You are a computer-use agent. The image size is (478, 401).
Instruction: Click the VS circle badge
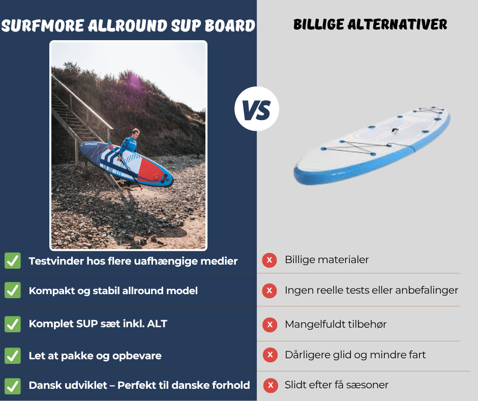point(257,109)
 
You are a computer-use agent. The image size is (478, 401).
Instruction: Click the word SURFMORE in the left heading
point(44,25)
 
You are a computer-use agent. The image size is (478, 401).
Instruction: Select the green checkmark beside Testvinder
point(13,261)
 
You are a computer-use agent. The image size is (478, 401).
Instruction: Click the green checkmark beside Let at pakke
point(13,355)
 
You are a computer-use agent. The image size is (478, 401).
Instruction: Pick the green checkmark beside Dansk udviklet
point(13,385)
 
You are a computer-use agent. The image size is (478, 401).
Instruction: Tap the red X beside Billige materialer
point(269,260)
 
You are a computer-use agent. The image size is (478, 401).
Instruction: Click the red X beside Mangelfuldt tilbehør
point(269,324)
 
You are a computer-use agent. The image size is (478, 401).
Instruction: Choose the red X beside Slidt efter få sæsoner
point(270,385)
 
